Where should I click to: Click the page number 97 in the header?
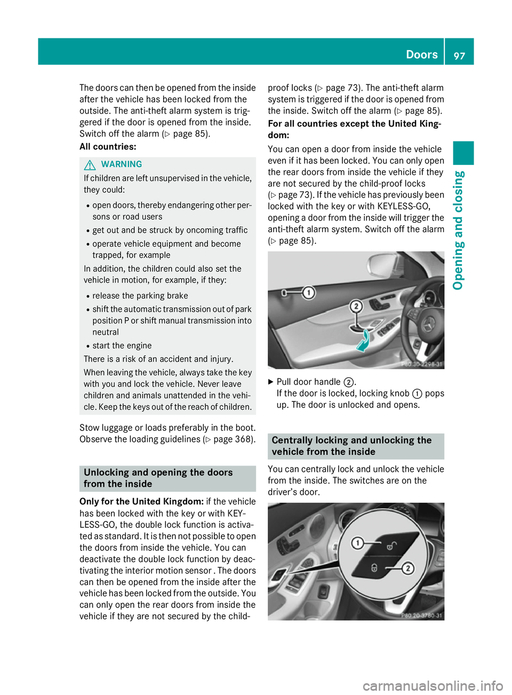pos(459,56)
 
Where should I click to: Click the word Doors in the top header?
pos(421,54)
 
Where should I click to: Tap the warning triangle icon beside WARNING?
pos(90,164)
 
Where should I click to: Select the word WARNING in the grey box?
pos(122,164)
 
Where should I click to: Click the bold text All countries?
pos(108,147)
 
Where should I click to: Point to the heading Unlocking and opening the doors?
pos(158,478)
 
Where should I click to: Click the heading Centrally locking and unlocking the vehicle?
pos(351,446)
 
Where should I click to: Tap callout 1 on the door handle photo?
pos(308,293)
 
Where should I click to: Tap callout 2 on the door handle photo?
pos(356,306)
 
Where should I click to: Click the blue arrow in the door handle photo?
pos(363,341)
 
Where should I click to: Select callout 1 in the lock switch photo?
pos(357,543)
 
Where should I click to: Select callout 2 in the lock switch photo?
pos(407,568)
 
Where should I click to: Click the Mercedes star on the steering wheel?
pos(429,323)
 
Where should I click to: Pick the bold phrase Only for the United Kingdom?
pos(141,502)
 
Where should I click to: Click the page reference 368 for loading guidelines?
pos(244,439)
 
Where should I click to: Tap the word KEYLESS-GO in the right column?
pos(403,207)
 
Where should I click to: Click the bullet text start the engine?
pos(122,346)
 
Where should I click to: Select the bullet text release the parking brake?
pos(140,296)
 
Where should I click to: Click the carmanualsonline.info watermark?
pos(433,685)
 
